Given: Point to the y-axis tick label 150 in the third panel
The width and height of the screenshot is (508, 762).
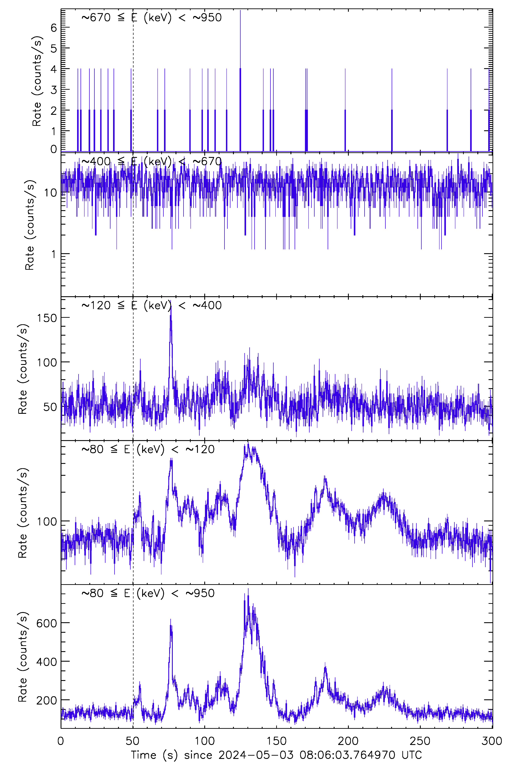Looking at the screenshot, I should click(x=47, y=318).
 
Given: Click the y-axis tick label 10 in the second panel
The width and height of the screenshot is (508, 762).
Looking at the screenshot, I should click(x=50, y=193).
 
